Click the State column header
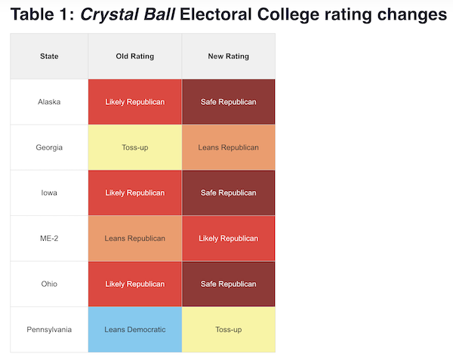tap(49, 57)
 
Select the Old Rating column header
tap(134, 57)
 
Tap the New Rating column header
tap(228, 57)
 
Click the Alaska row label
tap(49, 102)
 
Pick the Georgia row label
tap(49, 147)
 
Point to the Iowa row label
tap(49, 192)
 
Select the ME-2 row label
tap(49, 238)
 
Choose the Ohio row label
tap(49, 284)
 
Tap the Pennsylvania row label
tap(49, 329)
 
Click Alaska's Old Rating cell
tap(134, 102)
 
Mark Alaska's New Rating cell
tap(228, 102)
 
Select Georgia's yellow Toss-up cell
tap(134, 147)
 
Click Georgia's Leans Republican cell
tap(228, 147)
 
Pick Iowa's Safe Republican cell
tap(228, 192)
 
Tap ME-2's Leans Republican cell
tap(134, 238)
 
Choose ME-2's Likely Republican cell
tap(228, 238)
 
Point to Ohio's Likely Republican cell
tap(134, 284)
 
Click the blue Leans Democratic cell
tap(134, 329)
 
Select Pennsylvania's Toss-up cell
tap(228, 329)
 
